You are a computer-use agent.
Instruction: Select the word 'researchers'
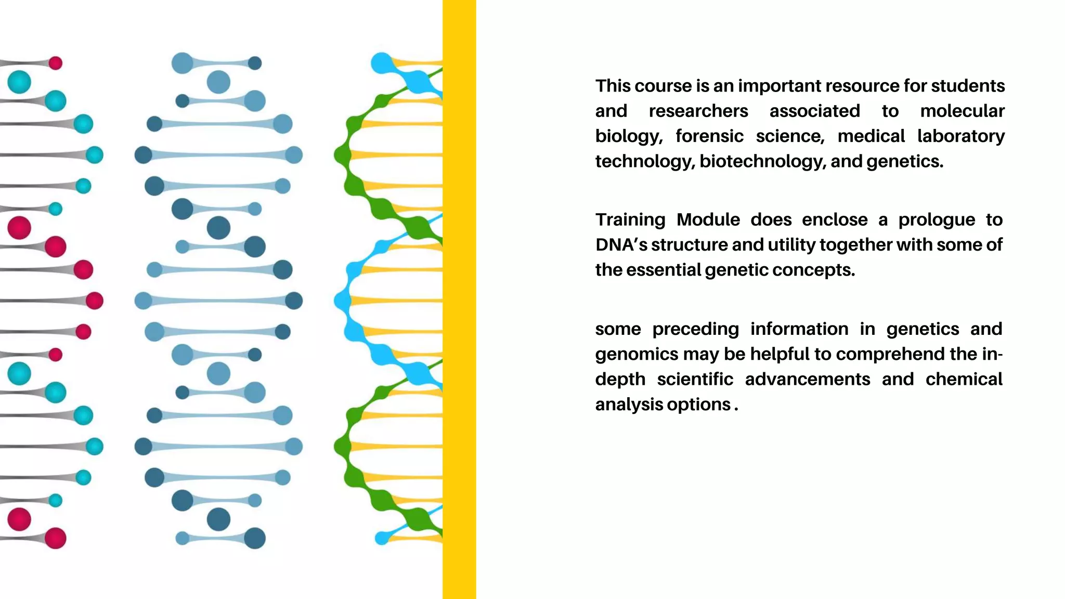[698, 111]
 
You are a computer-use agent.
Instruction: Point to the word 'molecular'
[962, 111]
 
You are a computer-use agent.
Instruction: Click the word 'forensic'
[709, 136]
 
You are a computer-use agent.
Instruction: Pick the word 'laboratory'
[960, 136]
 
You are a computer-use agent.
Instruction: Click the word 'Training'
[630, 220]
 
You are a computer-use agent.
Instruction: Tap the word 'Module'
[708, 220]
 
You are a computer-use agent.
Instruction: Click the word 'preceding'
[695, 329]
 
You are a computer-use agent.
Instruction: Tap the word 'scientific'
[695, 380]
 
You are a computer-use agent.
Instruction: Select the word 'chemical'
[964, 380]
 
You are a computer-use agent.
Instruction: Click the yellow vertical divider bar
[459, 299]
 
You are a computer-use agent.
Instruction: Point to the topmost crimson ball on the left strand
[56, 63]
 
